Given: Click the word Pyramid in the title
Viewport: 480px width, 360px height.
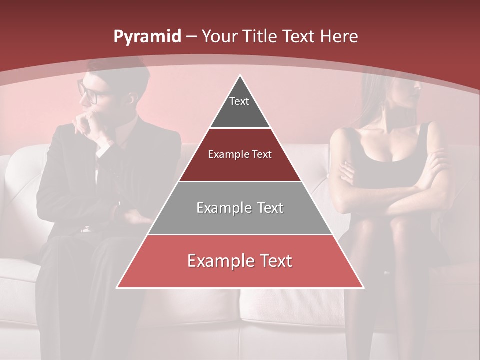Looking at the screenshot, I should pyautogui.click(x=147, y=37).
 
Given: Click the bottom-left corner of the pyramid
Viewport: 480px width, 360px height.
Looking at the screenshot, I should pyautogui.click(x=118, y=287).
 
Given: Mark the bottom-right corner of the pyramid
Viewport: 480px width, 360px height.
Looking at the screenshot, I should pyautogui.click(x=363, y=287).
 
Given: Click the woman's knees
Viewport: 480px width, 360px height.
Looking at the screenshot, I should pyautogui.click(x=395, y=225).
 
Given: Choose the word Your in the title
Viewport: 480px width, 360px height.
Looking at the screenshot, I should pyautogui.click(x=220, y=36).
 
